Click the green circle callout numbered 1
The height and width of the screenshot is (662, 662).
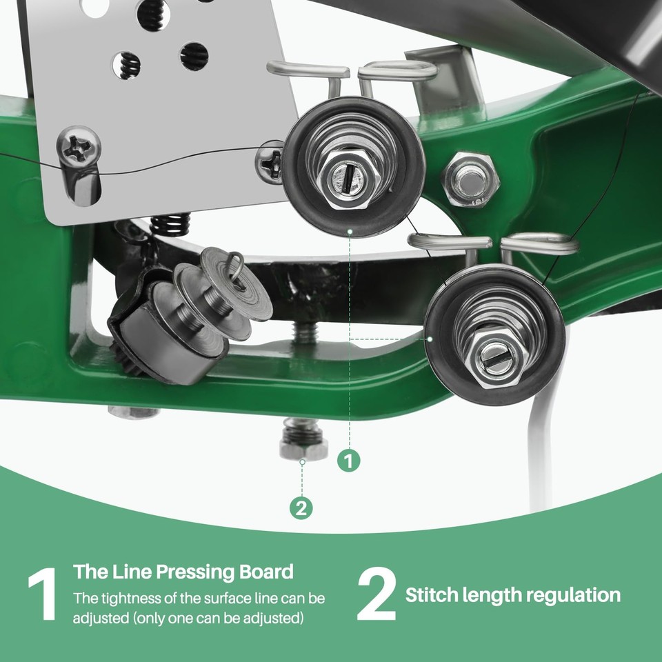[x=350, y=460]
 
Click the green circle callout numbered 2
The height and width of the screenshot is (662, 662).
[x=301, y=509]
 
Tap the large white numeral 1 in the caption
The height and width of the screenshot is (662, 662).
[x=42, y=595]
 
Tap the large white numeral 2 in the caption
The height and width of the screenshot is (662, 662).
[x=377, y=595]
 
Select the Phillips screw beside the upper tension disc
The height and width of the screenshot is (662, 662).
[x=269, y=162]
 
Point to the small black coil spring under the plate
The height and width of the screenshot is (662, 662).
[x=170, y=224]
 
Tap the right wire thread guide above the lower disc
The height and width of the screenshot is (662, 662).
[x=540, y=243]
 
